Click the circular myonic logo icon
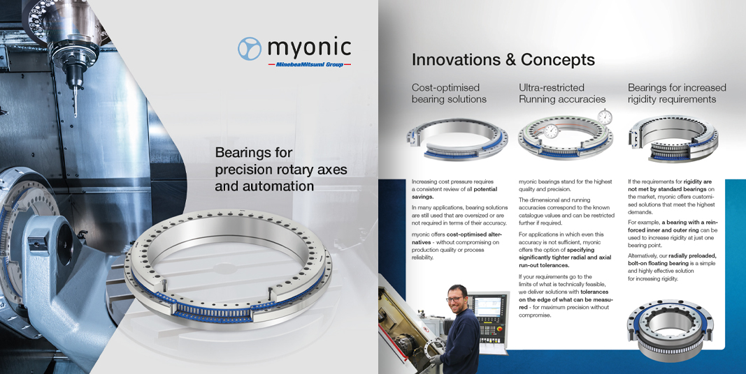click(x=250, y=48)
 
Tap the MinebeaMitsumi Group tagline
click(x=310, y=64)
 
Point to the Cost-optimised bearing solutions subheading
click(x=449, y=93)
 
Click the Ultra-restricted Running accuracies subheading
click(x=562, y=93)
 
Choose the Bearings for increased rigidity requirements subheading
click(x=677, y=93)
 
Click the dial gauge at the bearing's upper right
click(x=605, y=117)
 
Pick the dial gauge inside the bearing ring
click(x=550, y=131)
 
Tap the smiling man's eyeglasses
click(x=455, y=299)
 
